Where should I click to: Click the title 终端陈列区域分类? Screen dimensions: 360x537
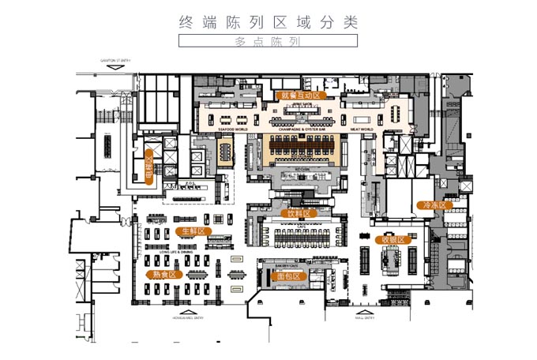(x=268, y=22)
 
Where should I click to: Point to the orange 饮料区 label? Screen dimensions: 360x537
(x=299, y=213)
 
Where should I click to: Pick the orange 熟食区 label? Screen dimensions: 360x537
(x=164, y=274)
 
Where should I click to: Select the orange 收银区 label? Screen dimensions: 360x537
(x=392, y=239)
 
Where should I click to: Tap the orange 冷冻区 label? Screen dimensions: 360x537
(x=432, y=205)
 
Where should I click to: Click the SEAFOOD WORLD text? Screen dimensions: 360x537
(x=232, y=127)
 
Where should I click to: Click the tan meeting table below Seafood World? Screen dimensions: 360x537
(x=226, y=148)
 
